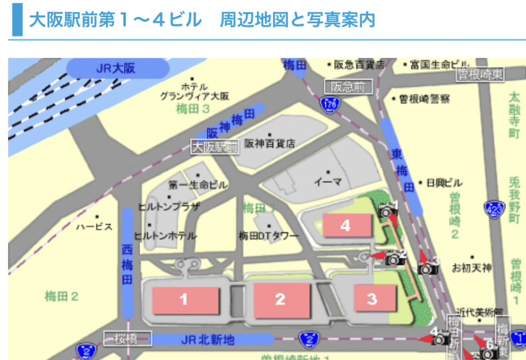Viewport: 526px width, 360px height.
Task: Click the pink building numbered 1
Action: point(183,299)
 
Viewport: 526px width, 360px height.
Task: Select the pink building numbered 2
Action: point(281,299)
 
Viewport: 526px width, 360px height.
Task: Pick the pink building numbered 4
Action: point(346,225)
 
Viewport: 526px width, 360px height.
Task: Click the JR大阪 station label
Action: point(117,69)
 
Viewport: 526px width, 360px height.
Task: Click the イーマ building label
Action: point(328,181)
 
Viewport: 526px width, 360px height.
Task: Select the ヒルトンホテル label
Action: point(166,236)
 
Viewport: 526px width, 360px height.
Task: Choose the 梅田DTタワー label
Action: point(269,236)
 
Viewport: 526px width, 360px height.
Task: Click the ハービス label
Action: point(94,226)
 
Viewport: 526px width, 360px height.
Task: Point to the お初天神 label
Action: point(471,268)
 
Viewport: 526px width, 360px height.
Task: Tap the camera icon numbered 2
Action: point(395,258)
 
